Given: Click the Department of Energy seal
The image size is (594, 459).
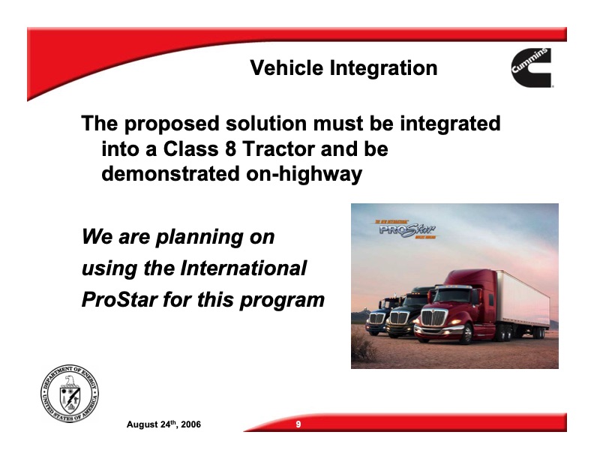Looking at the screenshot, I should click(x=70, y=395).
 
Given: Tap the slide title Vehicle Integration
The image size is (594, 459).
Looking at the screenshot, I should click(x=343, y=68).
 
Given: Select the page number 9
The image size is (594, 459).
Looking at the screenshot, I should click(x=298, y=425).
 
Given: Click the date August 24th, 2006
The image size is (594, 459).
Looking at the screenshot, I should click(x=163, y=425).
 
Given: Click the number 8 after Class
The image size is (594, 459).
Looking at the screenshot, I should click(x=226, y=149).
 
